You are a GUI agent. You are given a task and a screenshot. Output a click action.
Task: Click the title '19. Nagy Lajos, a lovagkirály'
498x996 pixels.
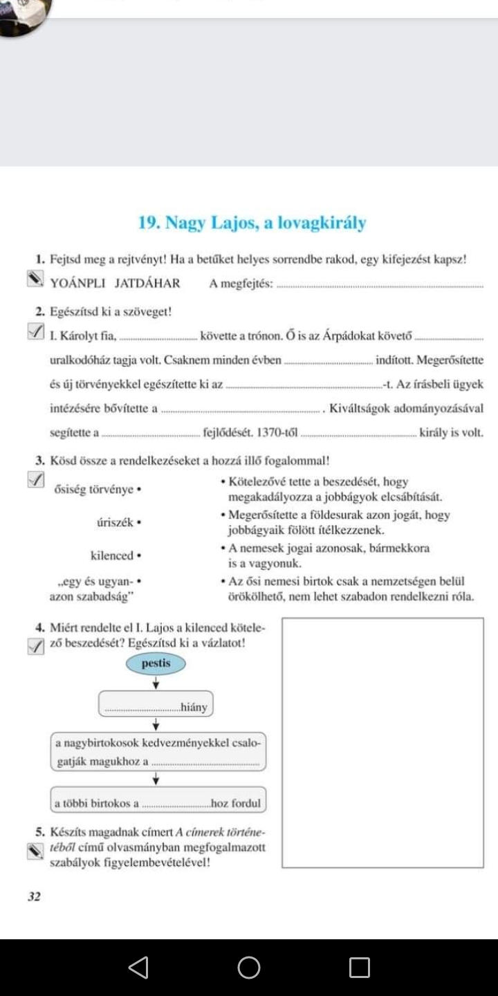[252, 223]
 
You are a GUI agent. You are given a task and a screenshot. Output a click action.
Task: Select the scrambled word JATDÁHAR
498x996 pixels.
[147, 282]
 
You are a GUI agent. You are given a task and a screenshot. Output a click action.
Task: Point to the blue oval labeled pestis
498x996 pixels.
[156, 663]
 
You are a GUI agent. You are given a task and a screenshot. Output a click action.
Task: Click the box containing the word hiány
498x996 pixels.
[156, 706]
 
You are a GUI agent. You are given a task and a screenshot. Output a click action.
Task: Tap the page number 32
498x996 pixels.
[35, 896]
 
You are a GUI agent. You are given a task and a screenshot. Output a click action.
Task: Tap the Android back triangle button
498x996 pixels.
[139, 967]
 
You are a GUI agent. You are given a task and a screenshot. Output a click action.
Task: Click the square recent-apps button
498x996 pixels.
[359, 967]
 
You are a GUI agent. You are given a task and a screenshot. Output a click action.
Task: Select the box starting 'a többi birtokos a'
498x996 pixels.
[158, 803]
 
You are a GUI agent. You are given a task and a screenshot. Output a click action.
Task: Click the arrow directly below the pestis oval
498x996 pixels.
[156, 682]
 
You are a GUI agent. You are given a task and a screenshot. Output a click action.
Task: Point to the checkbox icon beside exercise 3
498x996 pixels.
[35, 479]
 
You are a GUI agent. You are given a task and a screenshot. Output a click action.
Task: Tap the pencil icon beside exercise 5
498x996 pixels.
[35, 851]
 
